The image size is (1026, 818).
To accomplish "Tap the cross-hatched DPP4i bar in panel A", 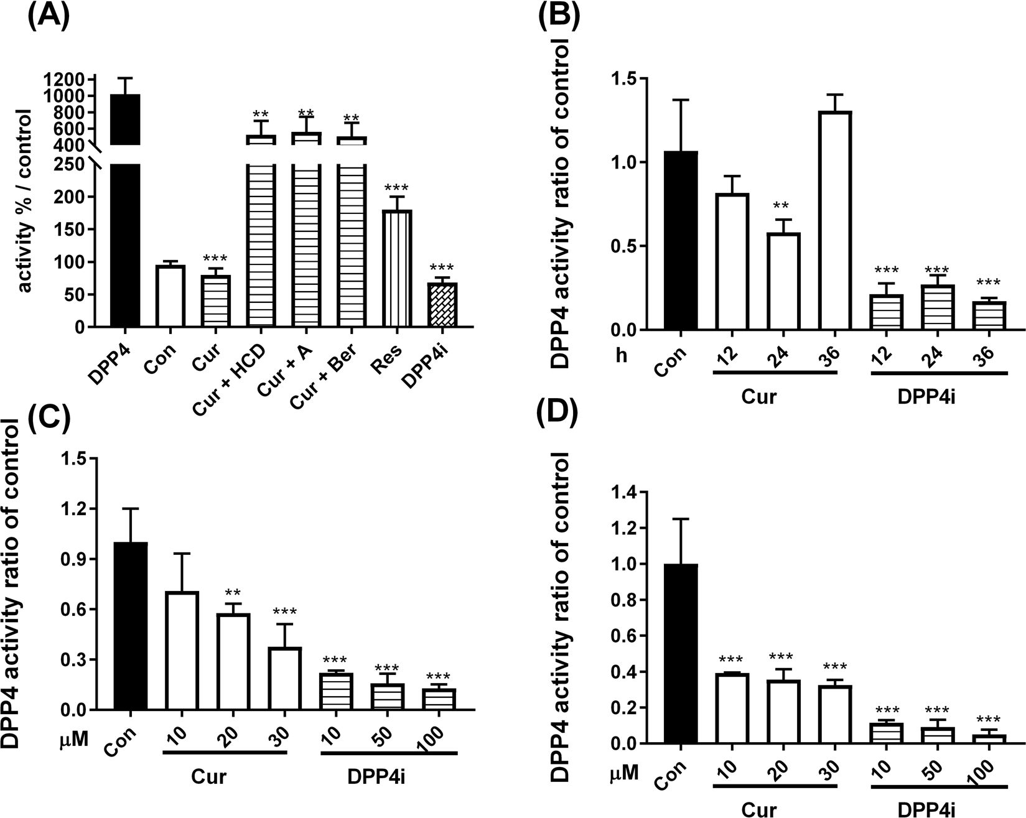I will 442,305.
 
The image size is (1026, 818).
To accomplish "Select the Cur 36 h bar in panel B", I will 834,221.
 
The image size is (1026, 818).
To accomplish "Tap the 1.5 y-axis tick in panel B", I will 625,79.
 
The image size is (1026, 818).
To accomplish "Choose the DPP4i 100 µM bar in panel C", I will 439,699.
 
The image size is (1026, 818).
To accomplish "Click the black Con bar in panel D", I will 681,654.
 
